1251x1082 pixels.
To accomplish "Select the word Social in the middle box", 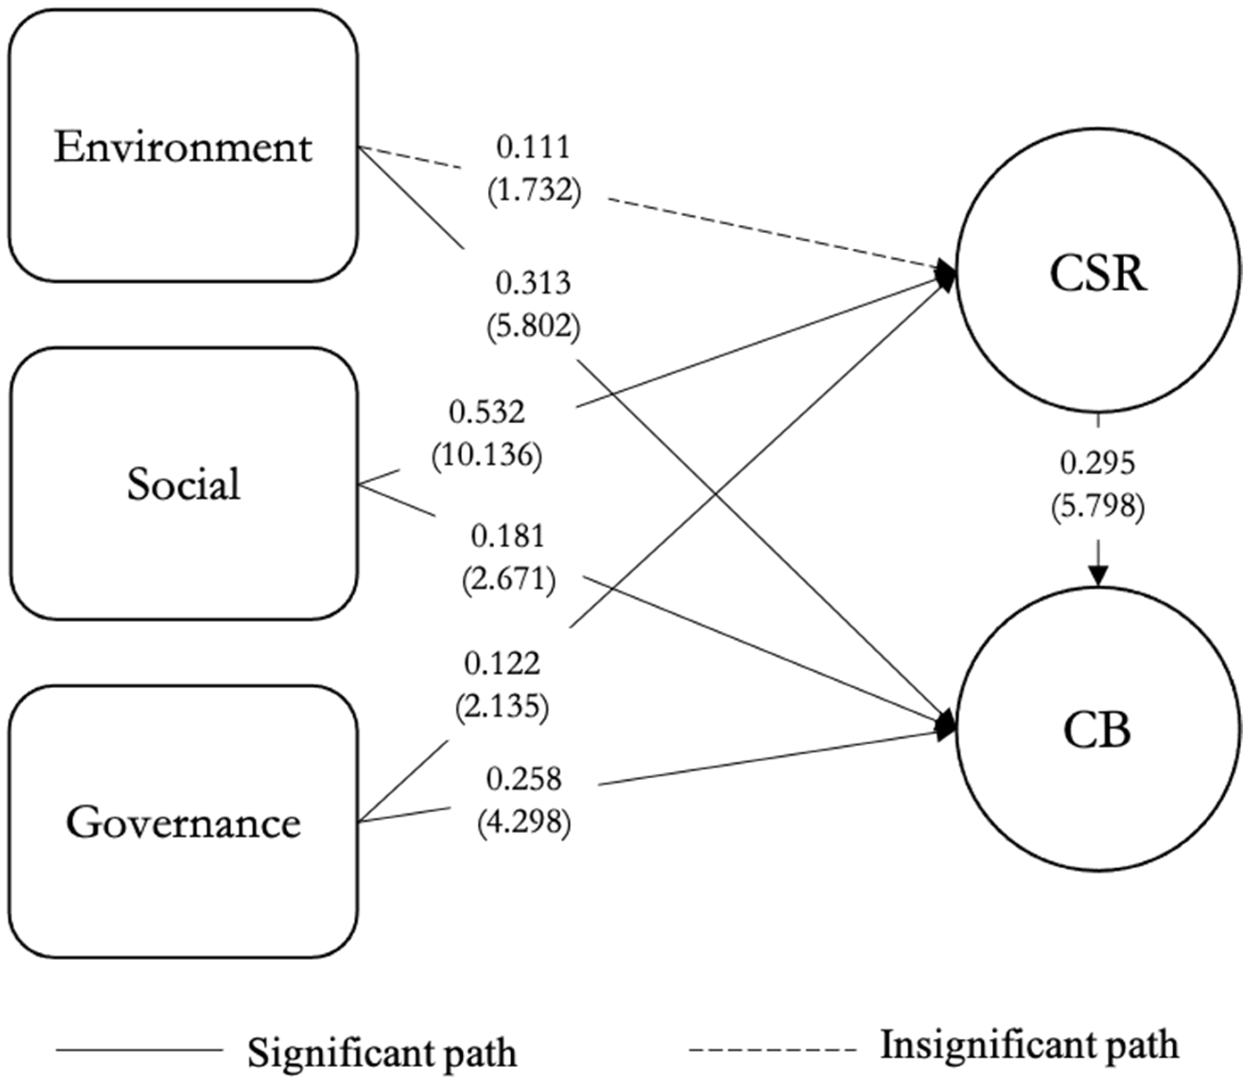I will [183, 484].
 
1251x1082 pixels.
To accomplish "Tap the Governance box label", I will [183, 823].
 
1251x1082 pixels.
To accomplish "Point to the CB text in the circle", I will [1097, 731].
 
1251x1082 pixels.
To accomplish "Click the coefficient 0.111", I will [534, 148].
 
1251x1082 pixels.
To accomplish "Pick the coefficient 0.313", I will [534, 283].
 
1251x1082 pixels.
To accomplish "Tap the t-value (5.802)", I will [534, 326].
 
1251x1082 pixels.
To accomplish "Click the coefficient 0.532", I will [487, 413].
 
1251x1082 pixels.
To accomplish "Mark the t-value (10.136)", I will [487, 455].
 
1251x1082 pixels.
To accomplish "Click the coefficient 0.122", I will [502, 664].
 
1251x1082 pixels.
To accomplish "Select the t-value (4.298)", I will [524, 822].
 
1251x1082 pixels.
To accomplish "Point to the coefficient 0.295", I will [1098, 463].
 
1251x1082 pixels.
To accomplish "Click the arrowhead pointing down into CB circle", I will [1098, 576].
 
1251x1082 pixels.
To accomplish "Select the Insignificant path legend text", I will [1029, 1045].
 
